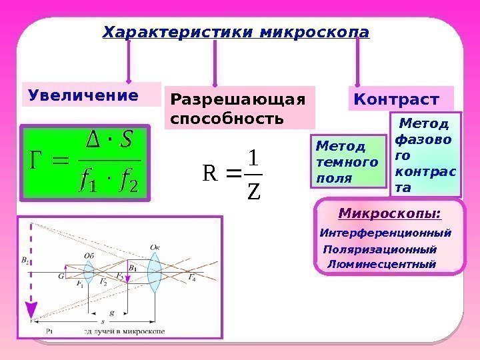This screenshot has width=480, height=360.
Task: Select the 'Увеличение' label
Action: (83, 95)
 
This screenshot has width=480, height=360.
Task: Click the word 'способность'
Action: (227, 119)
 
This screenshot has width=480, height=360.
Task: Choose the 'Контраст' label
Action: (397, 99)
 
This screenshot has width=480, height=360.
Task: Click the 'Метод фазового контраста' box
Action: (425, 155)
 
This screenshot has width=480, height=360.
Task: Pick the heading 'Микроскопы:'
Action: (390, 213)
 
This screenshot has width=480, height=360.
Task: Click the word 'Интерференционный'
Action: (385, 233)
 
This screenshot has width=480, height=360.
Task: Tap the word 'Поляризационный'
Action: (380, 249)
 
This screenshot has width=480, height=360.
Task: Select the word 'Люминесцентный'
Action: (381, 264)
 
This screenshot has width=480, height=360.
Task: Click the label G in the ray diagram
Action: (61, 275)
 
